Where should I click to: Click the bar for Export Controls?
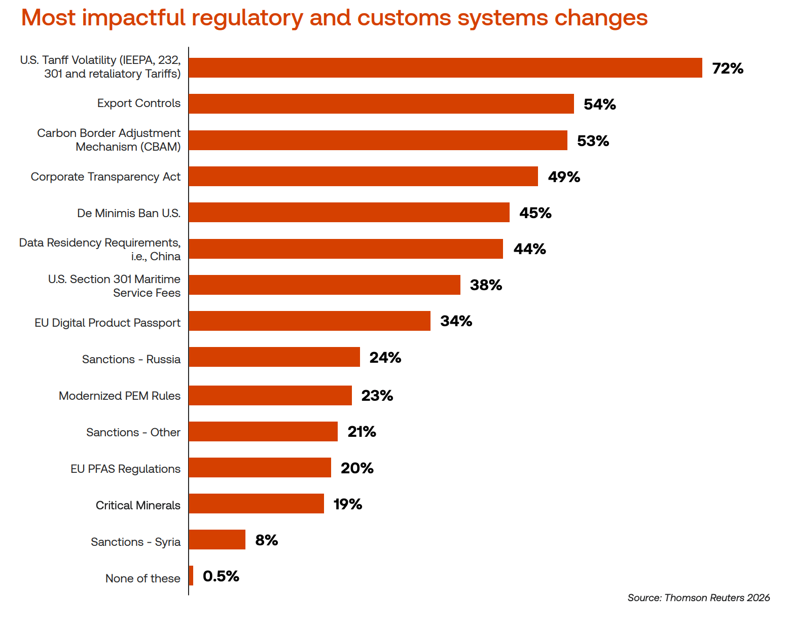tap(381, 103)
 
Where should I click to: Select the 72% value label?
tap(727, 68)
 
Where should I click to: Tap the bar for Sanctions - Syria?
tap(217, 539)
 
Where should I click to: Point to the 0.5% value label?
tap(221, 576)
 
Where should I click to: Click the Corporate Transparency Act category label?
tap(105, 177)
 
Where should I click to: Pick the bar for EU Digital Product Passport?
tap(309, 321)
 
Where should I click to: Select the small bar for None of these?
tap(191, 575)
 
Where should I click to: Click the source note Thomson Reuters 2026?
tap(698, 598)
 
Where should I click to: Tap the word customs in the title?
tap(404, 18)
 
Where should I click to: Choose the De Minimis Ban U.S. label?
tap(129, 213)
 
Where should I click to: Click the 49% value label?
tap(563, 177)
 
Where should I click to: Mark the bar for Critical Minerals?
tap(257, 503)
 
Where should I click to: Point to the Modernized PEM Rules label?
tap(120, 396)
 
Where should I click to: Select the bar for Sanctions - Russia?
tap(274, 357)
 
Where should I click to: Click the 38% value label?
tap(486, 285)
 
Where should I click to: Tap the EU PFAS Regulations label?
tap(125, 469)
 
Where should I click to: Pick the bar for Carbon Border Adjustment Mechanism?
tap(378, 140)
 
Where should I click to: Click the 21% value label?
tap(362, 431)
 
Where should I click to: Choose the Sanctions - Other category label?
tap(133, 432)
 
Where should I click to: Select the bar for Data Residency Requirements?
tap(346, 249)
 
